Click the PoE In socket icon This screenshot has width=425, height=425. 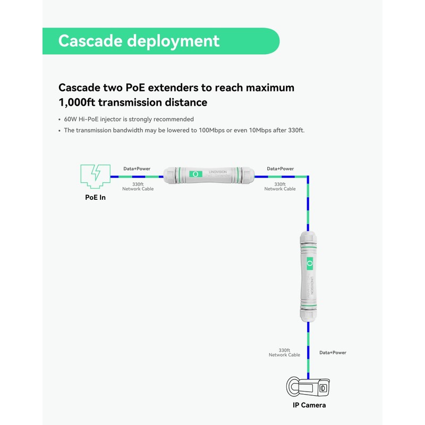pos(95,176)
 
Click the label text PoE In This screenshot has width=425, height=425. pos(96,198)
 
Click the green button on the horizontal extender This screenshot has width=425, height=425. pos(195,174)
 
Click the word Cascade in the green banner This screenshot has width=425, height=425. pos(92,41)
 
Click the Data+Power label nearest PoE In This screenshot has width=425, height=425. pos(137,169)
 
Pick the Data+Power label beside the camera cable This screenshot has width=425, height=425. pos(333,353)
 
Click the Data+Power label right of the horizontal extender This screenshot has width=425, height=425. pos(280,169)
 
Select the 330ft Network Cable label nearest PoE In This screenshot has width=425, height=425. pos(138,186)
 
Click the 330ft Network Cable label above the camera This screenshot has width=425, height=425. pos(285,353)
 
